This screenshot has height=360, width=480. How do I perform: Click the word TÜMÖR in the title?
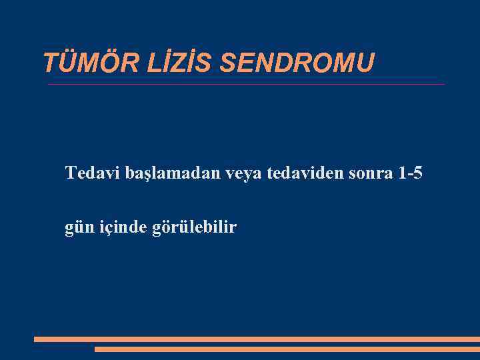click(80, 63)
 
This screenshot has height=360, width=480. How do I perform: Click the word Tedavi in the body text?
click(92, 174)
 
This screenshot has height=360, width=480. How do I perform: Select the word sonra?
click(372, 175)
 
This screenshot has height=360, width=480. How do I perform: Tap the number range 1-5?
click(409, 174)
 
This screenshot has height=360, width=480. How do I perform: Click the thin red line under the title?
click(246, 85)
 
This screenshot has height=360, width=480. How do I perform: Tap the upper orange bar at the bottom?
click(257, 339)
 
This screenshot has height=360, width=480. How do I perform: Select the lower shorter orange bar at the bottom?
click(287, 349)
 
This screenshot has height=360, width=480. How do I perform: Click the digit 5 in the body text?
click(417, 174)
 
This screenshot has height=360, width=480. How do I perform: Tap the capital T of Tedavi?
click(71, 174)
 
